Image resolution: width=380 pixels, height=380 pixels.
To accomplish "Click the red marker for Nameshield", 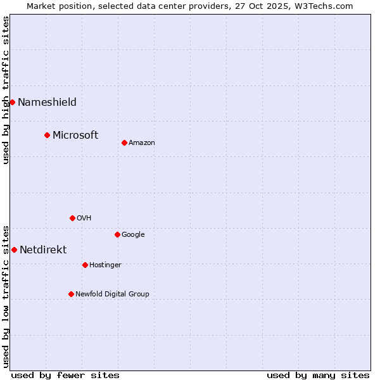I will (x=12, y=102).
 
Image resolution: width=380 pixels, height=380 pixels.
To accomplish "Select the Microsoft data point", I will (x=47, y=135).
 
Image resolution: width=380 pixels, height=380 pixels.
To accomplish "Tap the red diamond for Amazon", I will (x=124, y=142).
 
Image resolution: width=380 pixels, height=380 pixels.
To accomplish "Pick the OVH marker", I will (x=72, y=218).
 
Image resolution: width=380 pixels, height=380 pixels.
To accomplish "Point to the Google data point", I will (x=117, y=234).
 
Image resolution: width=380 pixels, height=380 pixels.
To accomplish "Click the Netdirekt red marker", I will (x=14, y=250).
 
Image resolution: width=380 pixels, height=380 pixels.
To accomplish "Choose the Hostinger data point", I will (x=85, y=265).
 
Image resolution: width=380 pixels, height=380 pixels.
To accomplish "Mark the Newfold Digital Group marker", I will (x=71, y=294).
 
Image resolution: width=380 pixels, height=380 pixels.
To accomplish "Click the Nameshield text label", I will (x=47, y=102).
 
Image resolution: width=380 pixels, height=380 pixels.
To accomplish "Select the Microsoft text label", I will (x=75, y=135).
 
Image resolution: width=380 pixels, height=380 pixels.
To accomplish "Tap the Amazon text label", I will (x=142, y=142).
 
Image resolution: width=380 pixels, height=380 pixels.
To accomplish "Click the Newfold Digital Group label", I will (x=112, y=294).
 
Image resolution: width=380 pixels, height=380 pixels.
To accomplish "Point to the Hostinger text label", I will (x=105, y=265).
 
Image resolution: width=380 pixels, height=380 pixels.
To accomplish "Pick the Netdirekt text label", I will (x=43, y=250).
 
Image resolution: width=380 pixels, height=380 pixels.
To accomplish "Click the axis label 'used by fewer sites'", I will (x=65, y=375).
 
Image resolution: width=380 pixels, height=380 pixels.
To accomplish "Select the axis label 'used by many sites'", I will (x=318, y=375).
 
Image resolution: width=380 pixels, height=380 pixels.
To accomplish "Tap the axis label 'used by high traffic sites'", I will (x=6, y=90).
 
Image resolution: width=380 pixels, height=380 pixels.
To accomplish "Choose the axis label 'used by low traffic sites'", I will (x=6, y=296).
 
